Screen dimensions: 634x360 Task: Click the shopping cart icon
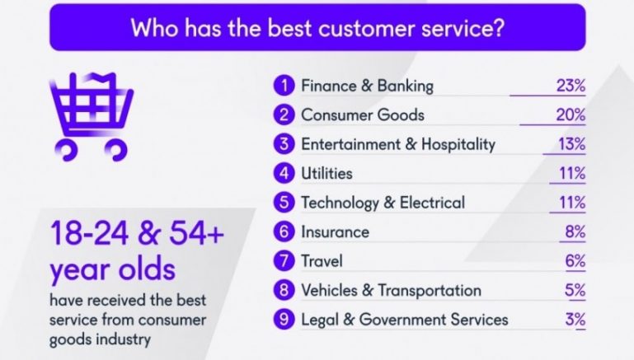coord(91,117)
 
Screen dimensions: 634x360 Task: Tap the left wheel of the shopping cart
coord(65,150)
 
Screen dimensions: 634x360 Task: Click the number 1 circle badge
coord(284,86)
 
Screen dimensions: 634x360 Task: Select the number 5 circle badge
coord(284,203)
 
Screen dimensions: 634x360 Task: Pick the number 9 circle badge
coord(284,320)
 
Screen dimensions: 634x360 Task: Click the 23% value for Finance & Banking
coord(571,86)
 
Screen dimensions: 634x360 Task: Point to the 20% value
coord(571,115)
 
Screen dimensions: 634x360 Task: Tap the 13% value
coord(571,144)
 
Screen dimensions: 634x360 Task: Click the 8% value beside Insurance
coord(575,232)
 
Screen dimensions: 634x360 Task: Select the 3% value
coord(575,320)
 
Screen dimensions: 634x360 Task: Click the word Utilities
coord(326,174)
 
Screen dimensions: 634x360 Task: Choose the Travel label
coord(322,261)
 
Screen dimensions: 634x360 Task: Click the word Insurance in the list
coord(336,232)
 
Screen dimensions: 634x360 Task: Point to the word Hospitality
coord(458,145)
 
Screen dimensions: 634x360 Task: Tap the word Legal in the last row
coord(320,320)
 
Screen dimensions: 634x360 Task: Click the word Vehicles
coord(329,291)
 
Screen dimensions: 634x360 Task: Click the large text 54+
coord(196,233)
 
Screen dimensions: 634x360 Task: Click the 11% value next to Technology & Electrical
coord(572,203)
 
